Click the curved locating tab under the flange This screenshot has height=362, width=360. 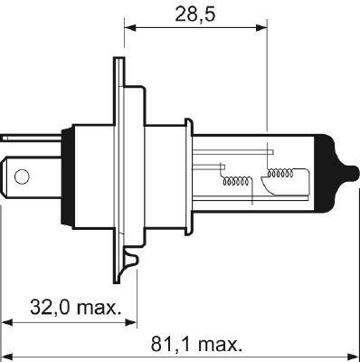click(131, 267)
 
